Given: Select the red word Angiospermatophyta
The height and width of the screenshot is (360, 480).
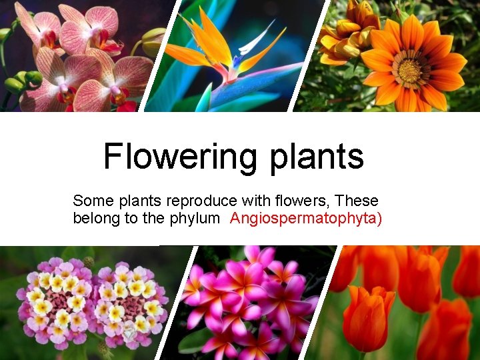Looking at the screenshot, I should point(303,219).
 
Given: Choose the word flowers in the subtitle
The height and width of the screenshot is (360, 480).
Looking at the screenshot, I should point(305,201).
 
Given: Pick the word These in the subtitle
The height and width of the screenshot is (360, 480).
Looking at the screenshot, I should point(357,201).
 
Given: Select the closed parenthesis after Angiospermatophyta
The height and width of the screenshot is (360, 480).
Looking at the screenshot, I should point(379,219).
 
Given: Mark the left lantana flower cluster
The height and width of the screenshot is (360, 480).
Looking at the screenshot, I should point(57,300).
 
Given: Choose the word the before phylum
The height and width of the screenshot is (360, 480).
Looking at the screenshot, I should point(153,219).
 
